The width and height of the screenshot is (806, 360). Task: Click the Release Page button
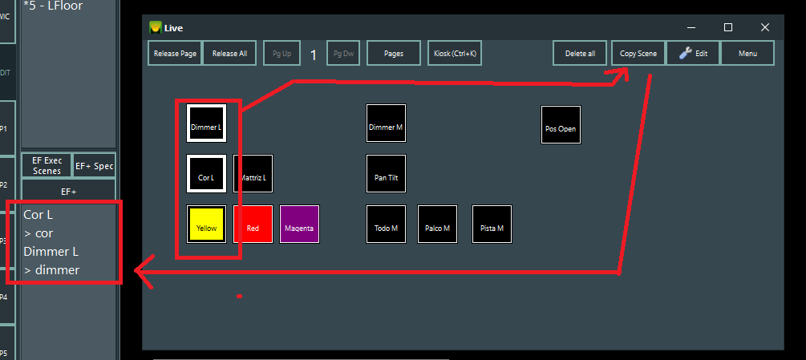(x=175, y=54)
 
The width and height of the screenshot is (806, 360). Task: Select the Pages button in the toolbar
(x=394, y=54)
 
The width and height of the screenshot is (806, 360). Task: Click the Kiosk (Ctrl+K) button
(x=455, y=54)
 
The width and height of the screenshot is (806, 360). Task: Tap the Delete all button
(x=580, y=54)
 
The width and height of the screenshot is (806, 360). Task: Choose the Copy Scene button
(x=638, y=54)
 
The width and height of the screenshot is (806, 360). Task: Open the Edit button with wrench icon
(x=693, y=54)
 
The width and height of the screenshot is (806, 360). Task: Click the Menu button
(x=747, y=54)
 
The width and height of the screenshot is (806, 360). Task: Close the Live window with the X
(x=765, y=27)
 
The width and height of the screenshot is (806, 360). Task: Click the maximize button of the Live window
(x=728, y=27)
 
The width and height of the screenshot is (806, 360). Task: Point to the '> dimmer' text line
(x=52, y=270)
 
